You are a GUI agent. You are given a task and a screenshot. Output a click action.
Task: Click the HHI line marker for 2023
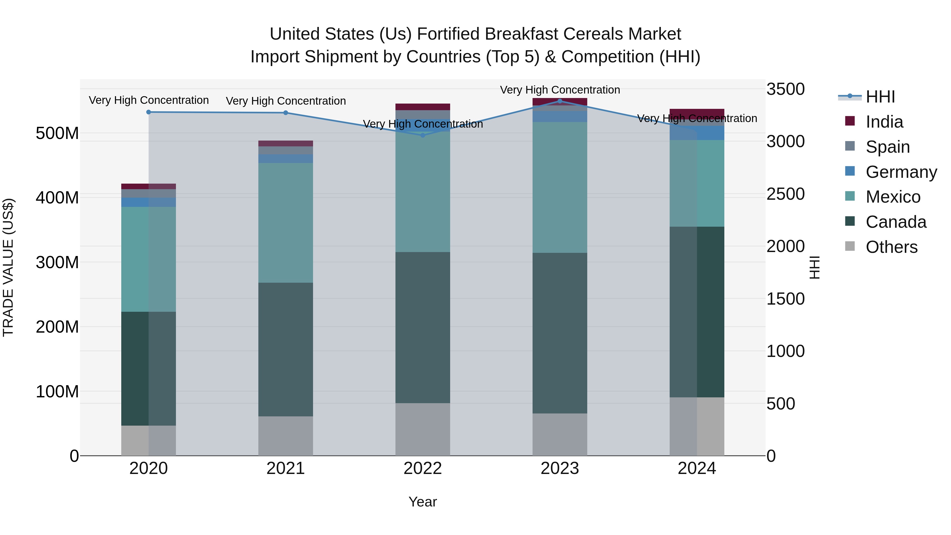pos(560,101)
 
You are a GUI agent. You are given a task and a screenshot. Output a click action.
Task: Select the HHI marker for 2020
pos(148,112)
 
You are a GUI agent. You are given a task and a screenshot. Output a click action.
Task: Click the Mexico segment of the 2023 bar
pos(560,187)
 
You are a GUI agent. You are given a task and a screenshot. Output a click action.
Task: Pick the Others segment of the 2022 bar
pos(423,429)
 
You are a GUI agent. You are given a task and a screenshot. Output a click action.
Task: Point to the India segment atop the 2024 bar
pos(697,112)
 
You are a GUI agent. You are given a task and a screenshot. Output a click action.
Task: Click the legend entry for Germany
pos(901,172)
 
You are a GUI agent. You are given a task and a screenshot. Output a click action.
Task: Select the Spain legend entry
pos(888,147)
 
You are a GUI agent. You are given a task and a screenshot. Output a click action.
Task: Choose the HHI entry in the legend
pos(880,97)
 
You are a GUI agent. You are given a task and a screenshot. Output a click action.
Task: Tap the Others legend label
pos(891,247)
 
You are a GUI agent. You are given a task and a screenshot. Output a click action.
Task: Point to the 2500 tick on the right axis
pos(786,194)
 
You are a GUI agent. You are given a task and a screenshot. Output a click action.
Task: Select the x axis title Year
pos(423,502)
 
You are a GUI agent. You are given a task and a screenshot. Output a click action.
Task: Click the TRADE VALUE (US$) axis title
pos(8,267)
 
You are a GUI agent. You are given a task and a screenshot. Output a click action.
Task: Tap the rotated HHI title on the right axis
pos(814,267)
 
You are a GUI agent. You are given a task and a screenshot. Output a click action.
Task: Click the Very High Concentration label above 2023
pos(560,90)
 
